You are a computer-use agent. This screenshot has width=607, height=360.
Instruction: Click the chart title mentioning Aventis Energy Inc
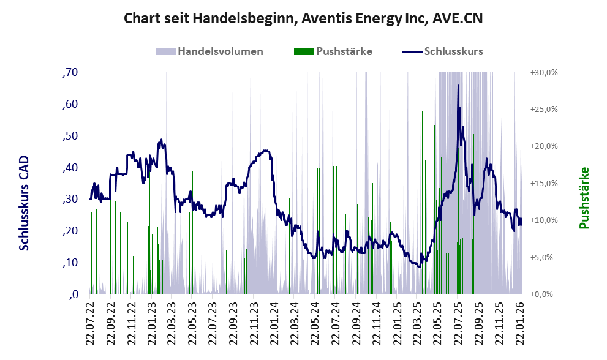(x=303, y=18)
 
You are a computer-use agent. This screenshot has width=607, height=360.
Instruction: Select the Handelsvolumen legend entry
(x=220, y=51)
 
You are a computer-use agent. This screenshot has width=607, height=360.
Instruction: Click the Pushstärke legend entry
(x=344, y=51)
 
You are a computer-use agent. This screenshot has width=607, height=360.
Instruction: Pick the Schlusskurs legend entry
(x=453, y=51)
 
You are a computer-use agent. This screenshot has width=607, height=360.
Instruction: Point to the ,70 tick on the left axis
(x=70, y=72)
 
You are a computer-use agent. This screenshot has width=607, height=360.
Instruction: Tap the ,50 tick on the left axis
(x=70, y=135)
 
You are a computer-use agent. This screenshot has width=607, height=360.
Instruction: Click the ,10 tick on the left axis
(x=70, y=263)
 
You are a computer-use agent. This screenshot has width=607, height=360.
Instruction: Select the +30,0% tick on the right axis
(x=544, y=72)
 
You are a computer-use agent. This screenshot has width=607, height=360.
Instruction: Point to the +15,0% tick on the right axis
(x=544, y=183)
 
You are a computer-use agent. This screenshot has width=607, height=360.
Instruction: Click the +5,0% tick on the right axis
(x=544, y=257)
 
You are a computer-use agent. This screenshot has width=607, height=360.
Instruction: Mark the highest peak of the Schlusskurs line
(x=458, y=86)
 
